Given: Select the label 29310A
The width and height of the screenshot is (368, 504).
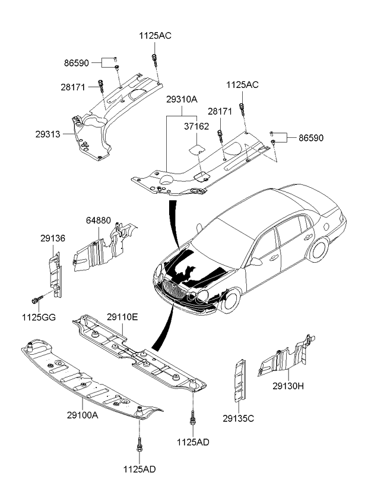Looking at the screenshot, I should click(x=182, y=102).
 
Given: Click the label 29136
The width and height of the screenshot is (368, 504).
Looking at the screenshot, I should click(x=53, y=238).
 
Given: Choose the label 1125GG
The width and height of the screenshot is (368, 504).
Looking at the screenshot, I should click(x=40, y=317).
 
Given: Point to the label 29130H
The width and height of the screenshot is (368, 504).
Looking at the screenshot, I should click(x=288, y=386).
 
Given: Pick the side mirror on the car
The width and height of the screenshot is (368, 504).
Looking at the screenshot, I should click(x=256, y=260).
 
